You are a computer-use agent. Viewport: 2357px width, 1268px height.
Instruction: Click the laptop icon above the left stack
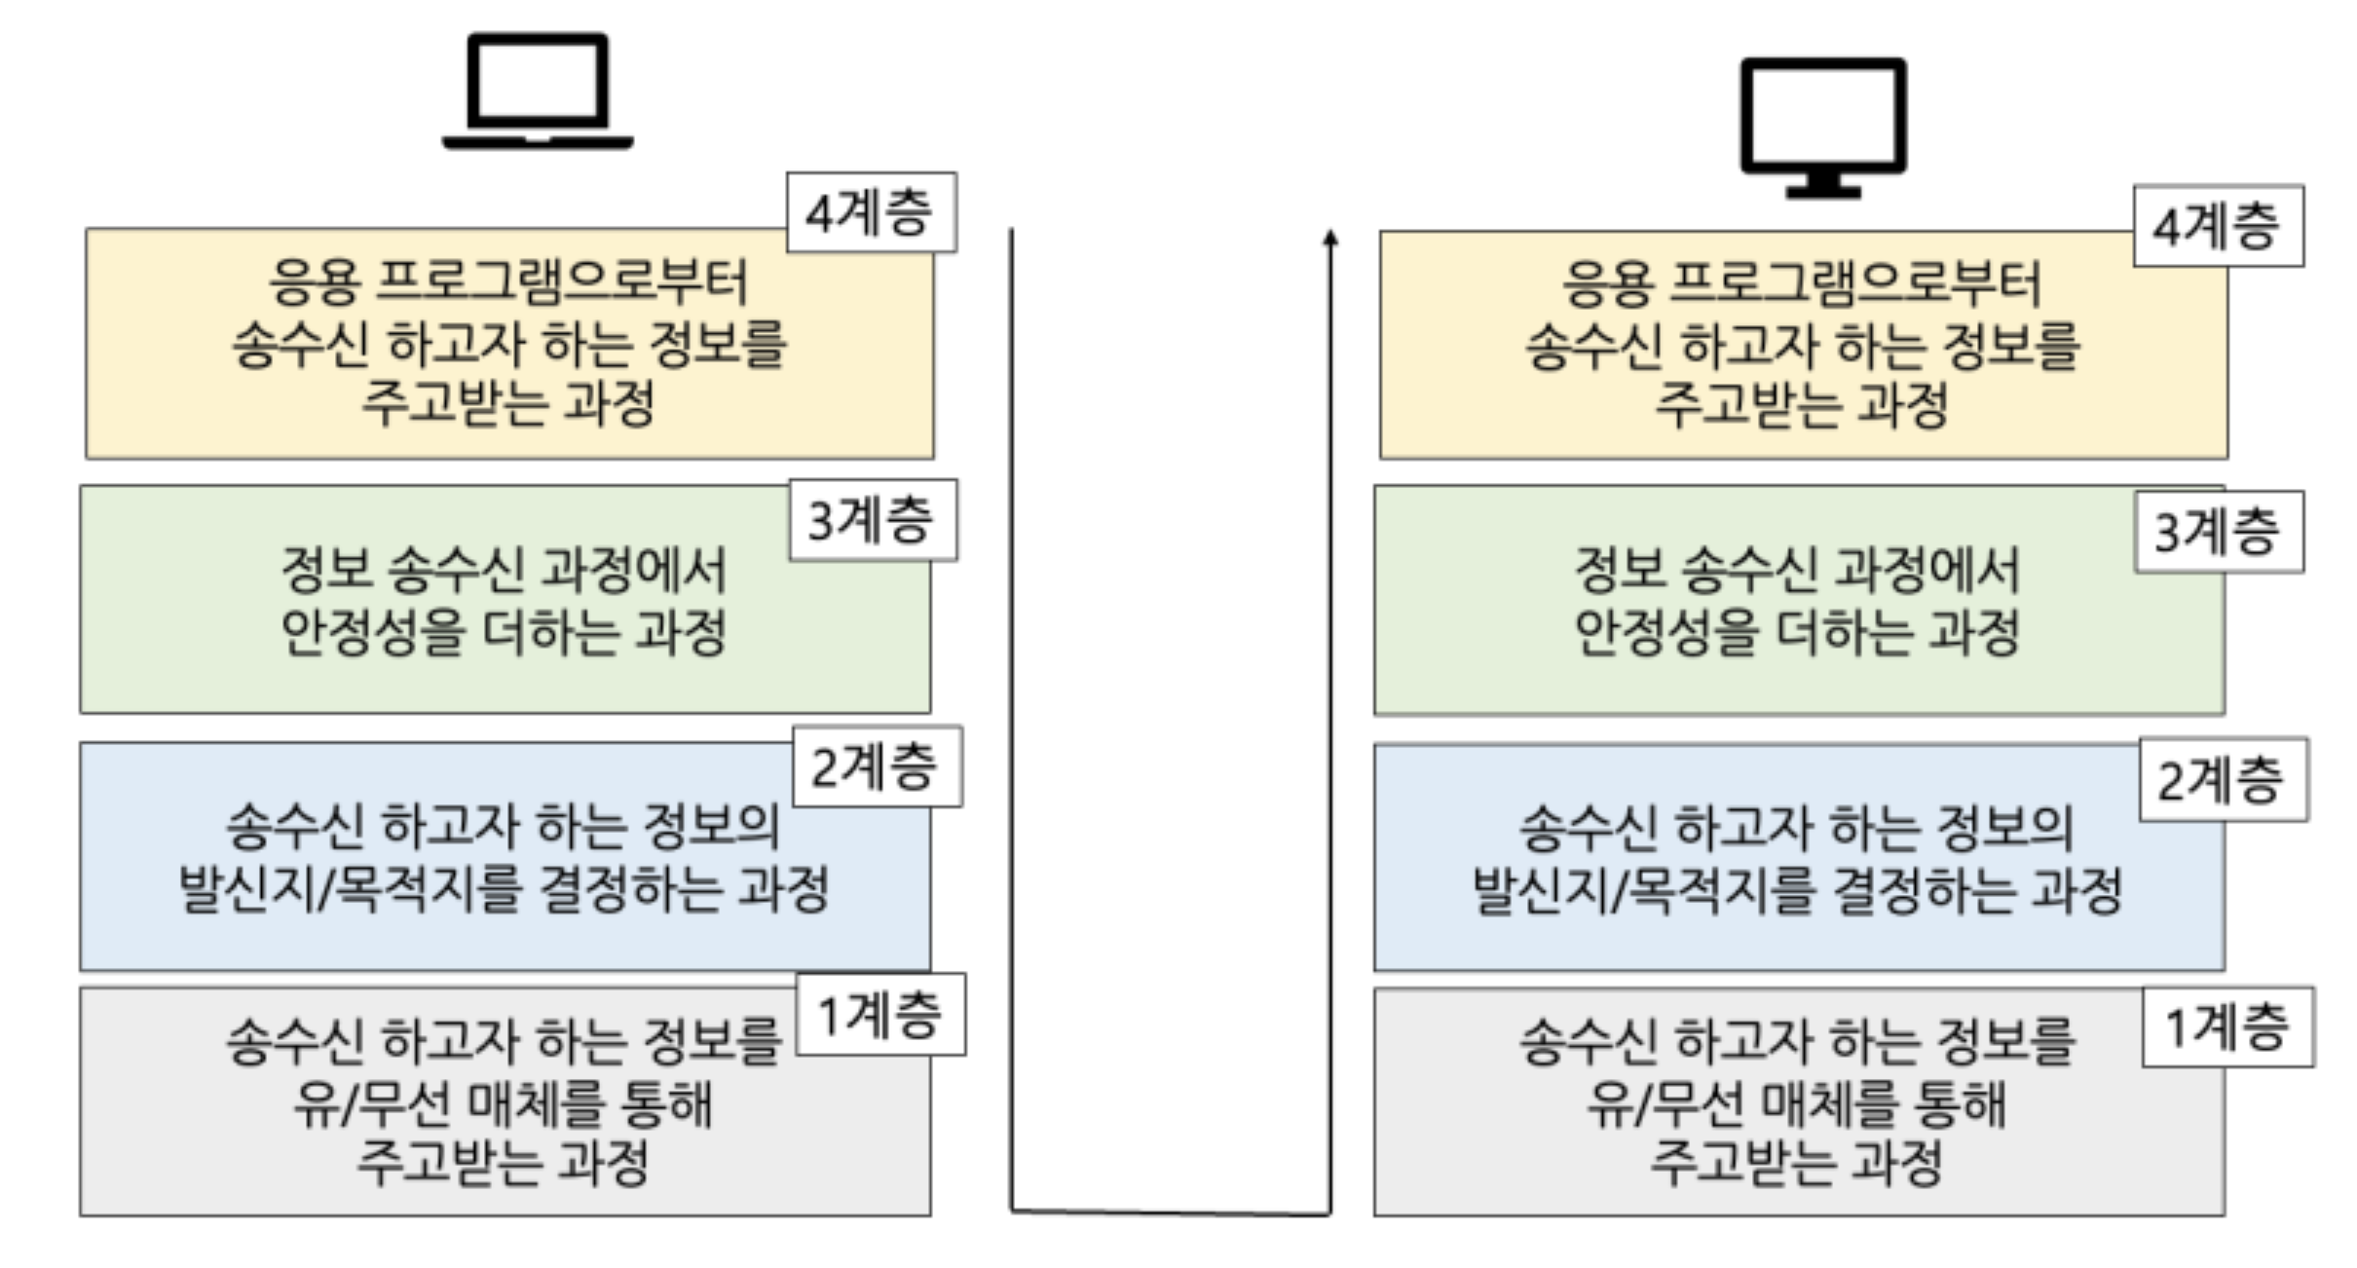(538, 92)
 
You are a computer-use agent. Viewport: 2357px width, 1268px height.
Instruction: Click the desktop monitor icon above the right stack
(1822, 127)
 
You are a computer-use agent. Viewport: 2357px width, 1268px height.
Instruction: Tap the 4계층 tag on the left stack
(871, 213)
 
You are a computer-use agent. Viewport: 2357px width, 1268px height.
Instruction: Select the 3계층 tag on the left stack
(873, 520)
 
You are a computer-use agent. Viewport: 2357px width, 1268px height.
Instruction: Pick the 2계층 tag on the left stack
(877, 766)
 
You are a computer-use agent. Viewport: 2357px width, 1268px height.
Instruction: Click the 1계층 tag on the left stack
(880, 1014)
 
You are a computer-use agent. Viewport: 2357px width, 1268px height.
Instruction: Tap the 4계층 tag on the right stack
(2218, 226)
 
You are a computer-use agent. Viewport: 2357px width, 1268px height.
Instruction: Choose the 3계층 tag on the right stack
(2219, 532)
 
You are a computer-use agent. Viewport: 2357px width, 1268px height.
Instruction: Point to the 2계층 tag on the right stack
(2223, 779)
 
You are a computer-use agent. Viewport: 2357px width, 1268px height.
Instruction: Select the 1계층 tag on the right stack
(2227, 1027)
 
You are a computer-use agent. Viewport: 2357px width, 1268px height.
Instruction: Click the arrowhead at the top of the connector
(1330, 238)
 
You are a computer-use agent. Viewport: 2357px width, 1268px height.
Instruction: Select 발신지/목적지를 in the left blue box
(350, 889)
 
